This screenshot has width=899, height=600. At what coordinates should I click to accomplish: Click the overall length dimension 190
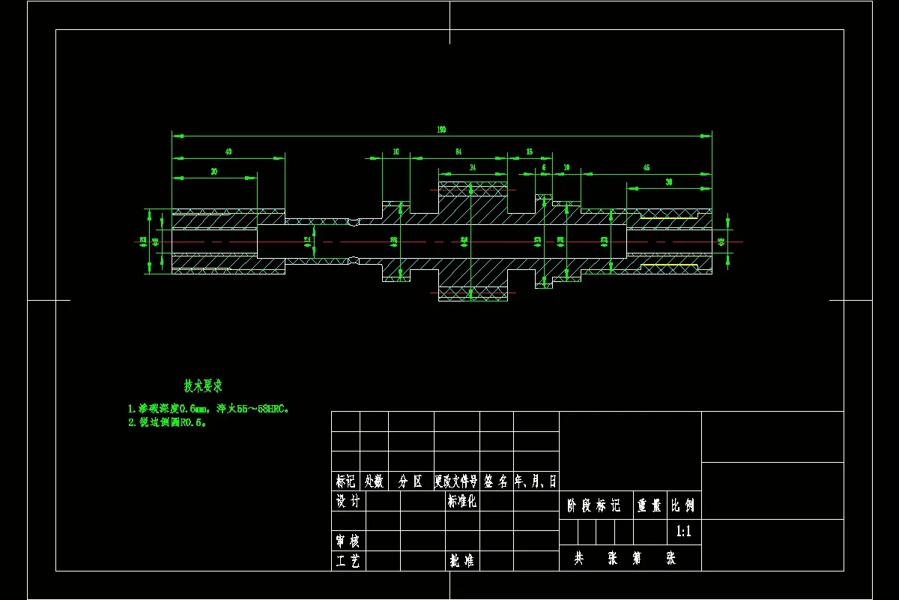(442, 130)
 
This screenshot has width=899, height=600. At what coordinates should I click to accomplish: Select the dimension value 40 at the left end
(228, 152)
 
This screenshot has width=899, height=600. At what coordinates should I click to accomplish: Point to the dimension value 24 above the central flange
(472, 168)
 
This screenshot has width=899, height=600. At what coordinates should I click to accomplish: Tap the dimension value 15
(529, 152)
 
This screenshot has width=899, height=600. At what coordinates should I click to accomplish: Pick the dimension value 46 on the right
(647, 168)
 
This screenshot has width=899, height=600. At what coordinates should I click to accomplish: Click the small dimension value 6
(544, 168)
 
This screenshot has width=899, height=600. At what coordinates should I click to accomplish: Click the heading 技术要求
(203, 386)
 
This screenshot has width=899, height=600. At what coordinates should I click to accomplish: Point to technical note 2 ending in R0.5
(167, 422)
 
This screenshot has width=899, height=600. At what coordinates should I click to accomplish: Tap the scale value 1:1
(684, 532)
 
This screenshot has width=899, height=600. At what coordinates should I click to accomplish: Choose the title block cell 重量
(650, 505)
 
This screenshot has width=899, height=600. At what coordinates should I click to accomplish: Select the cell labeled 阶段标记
(596, 505)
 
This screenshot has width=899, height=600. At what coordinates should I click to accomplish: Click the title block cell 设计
(348, 501)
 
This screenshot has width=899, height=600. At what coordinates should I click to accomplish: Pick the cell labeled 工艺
(348, 560)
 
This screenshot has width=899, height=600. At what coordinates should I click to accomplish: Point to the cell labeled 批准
(461, 560)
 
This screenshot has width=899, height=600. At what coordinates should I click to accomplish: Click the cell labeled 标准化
(461, 501)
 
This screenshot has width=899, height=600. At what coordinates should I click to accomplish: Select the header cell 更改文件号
(456, 481)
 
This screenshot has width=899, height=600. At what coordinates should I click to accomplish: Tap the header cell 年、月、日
(536, 481)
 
